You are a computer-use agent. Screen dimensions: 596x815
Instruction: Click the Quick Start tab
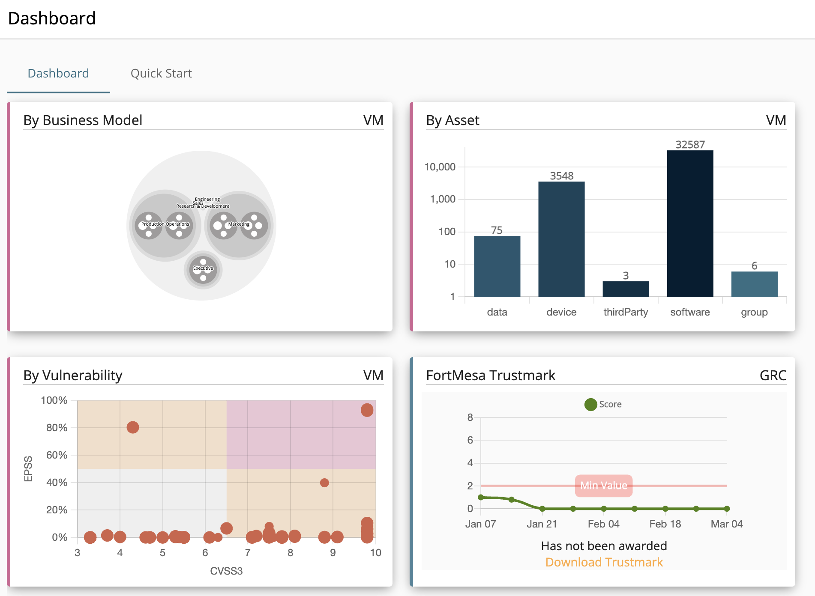(x=161, y=73)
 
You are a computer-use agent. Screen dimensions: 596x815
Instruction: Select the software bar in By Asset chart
(x=690, y=223)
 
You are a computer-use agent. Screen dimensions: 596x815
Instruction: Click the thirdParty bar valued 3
(x=626, y=289)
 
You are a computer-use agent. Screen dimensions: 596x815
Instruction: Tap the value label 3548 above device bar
(x=561, y=176)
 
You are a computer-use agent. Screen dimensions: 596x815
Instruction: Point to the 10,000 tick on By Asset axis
(x=440, y=167)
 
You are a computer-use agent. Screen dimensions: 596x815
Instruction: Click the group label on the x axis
(x=754, y=312)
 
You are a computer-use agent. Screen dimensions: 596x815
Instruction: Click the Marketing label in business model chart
(x=239, y=224)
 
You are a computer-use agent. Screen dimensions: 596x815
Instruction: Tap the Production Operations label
(x=165, y=224)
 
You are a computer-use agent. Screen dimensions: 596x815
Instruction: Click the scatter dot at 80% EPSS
(x=133, y=427)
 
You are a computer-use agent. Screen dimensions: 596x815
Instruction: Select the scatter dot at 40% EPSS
(x=324, y=483)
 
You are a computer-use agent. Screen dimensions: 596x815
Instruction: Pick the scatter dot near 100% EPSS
(x=367, y=410)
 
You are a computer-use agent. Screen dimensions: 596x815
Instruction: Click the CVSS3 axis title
(x=226, y=571)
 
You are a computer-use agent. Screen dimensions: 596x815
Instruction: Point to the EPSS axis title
(x=28, y=469)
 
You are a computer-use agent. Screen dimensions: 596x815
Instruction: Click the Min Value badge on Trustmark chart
(x=603, y=486)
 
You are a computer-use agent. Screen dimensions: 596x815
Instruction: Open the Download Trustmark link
(x=604, y=562)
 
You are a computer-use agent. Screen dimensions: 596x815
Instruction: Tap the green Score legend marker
(x=590, y=404)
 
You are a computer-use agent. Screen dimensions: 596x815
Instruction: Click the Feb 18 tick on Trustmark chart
(x=665, y=524)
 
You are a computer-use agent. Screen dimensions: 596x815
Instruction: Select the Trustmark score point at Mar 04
(x=727, y=509)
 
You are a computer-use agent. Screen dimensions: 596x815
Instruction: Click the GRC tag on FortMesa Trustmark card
(x=773, y=375)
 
